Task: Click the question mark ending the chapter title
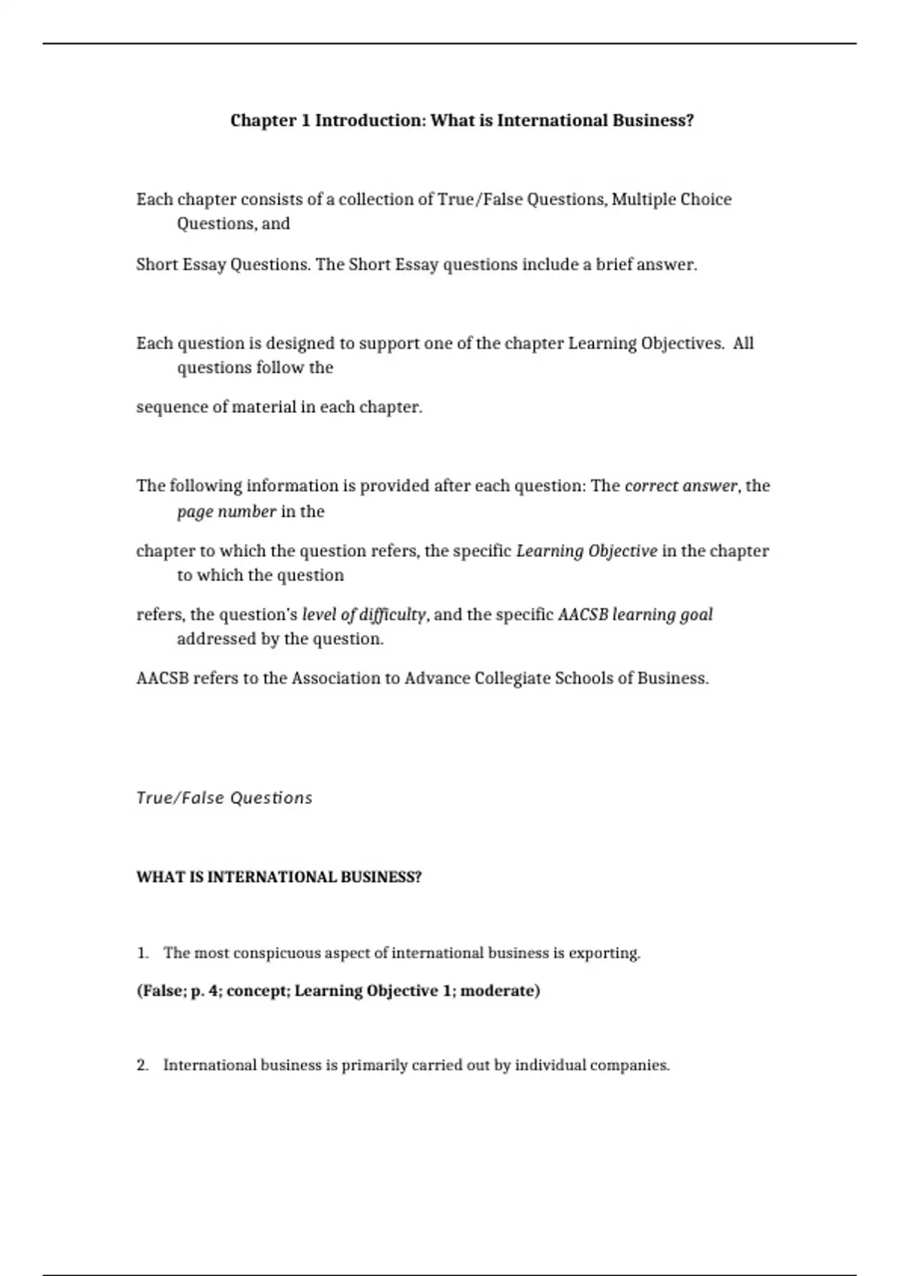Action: [690, 121]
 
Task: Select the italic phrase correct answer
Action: [681, 486]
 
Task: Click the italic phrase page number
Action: [226, 512]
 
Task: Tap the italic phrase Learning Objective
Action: [586, 552]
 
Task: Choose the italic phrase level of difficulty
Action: [364, 615]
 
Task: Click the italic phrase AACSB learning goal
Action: [635, 615]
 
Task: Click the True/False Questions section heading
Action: [224, 798]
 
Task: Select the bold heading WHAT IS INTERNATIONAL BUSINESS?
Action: [279, 877]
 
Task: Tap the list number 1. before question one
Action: [142, 953]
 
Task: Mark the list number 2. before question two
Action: [142, 1066]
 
